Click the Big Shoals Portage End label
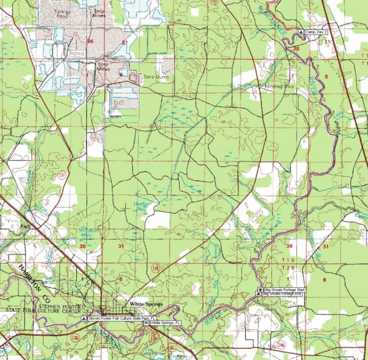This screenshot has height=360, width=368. pos(284,294)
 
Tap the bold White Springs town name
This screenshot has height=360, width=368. pos(146,304)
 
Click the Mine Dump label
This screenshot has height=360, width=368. pos(156,77)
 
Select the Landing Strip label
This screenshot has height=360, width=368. pos(279,86)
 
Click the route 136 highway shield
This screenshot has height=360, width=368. pos(75,337)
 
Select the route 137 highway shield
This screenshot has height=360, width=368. pos(62,175)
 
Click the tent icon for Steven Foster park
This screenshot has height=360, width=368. pos(84,319)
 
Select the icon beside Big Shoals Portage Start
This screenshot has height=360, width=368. pos(260,290)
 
